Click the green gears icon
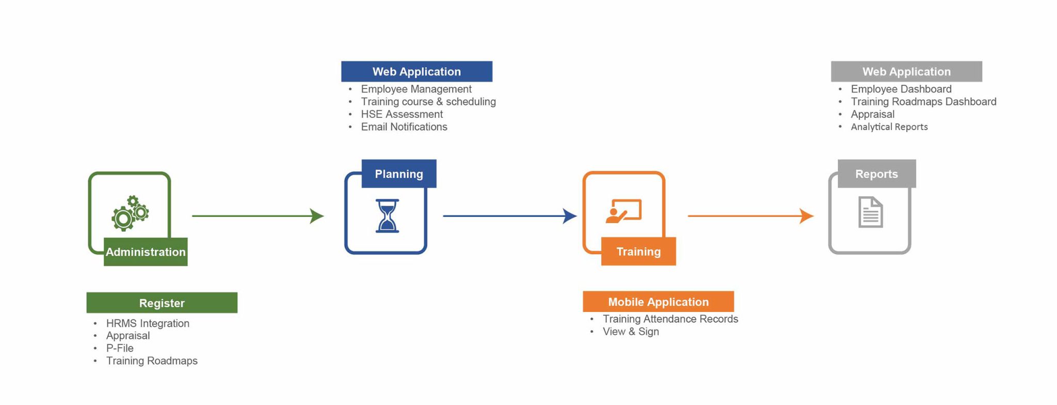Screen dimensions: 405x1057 [130, 213]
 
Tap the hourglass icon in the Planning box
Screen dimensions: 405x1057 [387, 216]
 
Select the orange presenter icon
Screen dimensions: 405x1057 [623, 211]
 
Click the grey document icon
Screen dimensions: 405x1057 [870, 212]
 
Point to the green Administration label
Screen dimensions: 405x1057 [146, 252]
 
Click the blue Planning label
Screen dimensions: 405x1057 [399, 174]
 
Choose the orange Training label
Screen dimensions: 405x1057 [638, 252]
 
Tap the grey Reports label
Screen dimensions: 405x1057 [876, 174]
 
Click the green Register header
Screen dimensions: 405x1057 [162, 303]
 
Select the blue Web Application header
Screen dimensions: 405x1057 [417, 72]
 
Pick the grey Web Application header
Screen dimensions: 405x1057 [906, 72]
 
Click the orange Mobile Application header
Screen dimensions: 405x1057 [658, 302]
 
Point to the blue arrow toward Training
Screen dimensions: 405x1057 [509, 216]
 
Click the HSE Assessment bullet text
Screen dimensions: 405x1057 [402, 114]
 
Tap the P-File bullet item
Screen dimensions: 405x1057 [120, 348]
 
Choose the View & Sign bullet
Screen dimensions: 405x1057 [631, 332]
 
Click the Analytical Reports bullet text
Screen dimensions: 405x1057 [889, 127]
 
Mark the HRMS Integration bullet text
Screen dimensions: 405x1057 [148, 323]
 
